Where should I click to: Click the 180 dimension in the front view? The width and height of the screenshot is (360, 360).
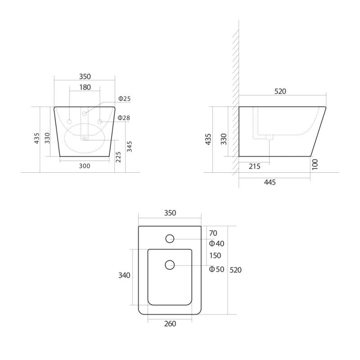85,87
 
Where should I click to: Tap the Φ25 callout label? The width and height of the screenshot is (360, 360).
125,99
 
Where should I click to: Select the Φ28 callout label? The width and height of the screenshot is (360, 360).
124,118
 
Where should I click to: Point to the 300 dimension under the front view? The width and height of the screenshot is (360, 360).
85,166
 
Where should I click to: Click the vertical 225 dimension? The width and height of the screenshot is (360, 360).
118,157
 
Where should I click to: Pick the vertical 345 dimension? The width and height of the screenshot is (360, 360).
130,147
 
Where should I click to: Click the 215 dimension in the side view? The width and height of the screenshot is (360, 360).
254,166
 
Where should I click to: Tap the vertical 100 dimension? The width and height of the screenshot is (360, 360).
315,164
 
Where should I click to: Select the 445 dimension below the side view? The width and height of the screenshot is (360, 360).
270,182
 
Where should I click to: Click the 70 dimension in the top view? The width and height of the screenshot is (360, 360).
213,233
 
